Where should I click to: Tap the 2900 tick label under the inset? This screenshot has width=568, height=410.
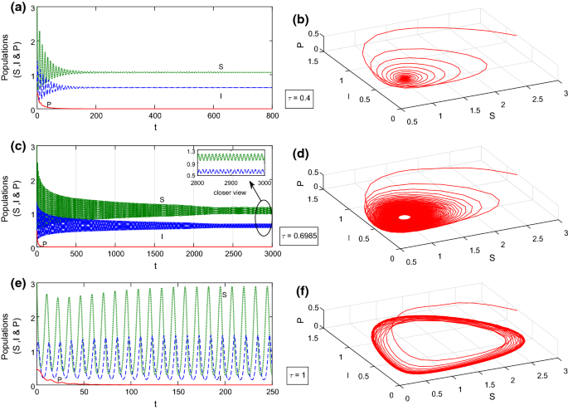231,182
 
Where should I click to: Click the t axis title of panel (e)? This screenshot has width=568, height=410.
153,403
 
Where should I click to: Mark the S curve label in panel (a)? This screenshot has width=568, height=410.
220,66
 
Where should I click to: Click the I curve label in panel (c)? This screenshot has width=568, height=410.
161,237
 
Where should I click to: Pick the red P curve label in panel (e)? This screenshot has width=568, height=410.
58,378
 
